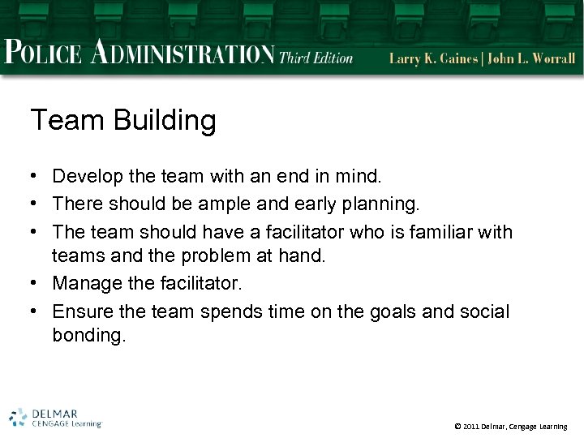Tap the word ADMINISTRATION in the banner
(x=182, y=53)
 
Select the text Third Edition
(x=316, y=58)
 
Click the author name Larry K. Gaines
(x=434, y=58)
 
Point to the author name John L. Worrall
(x=533, y=58)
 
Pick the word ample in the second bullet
(x=251, y=204)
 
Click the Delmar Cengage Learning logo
(x=55, y=417)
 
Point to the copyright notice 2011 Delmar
(x=510, y=426)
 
